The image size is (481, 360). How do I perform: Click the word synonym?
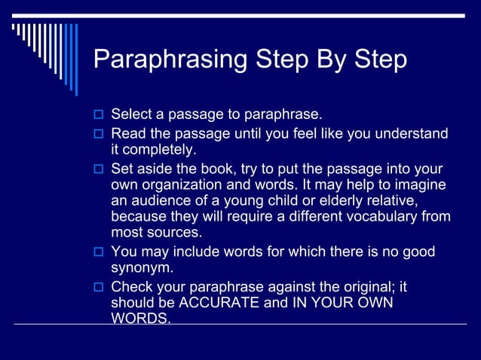[142, 268]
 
